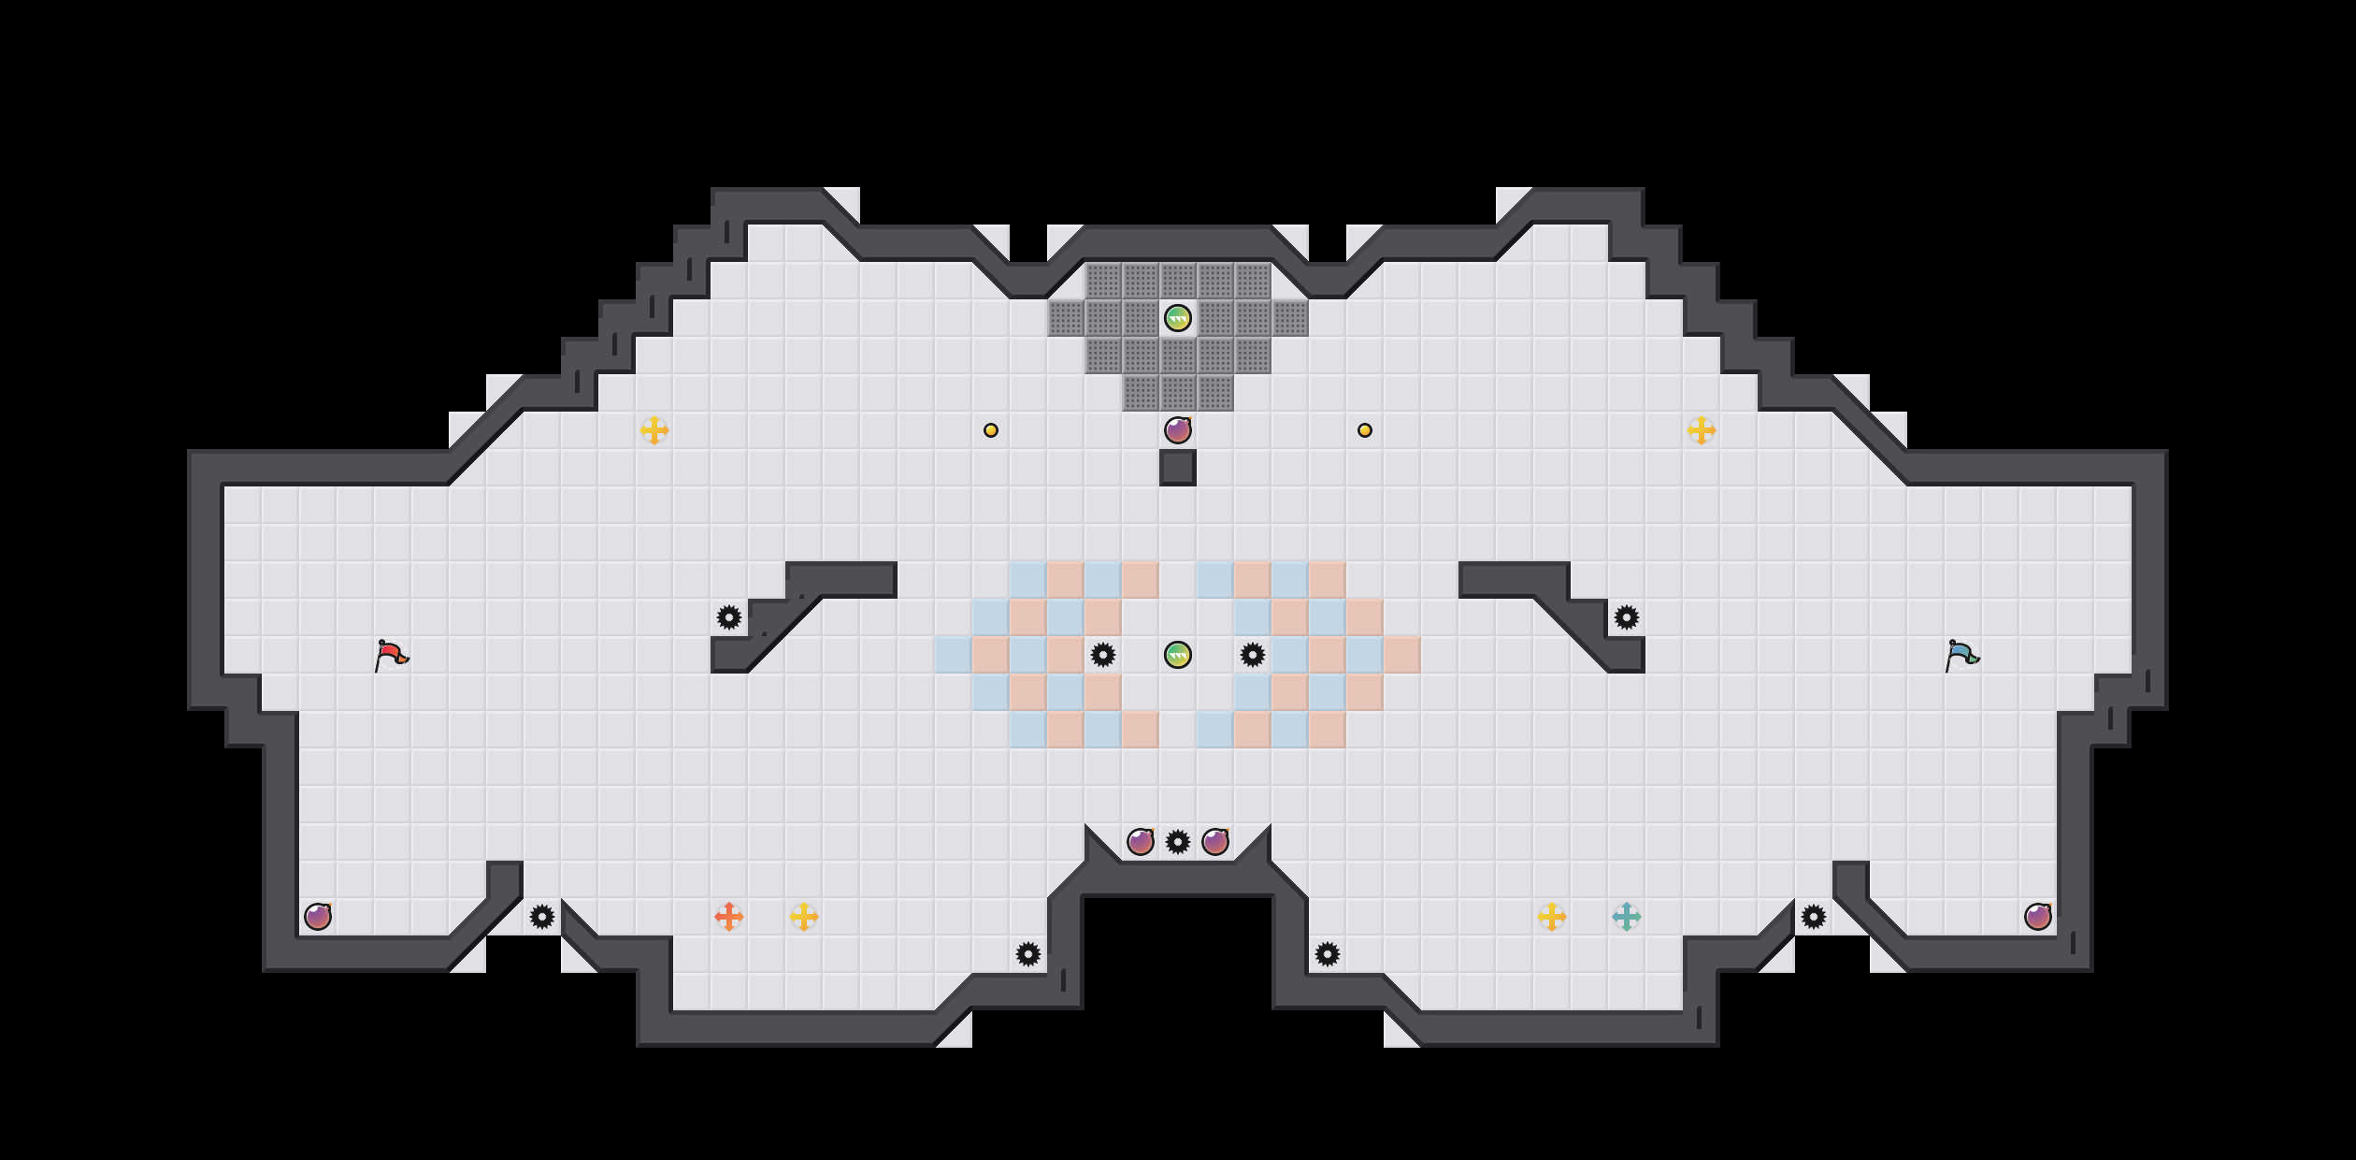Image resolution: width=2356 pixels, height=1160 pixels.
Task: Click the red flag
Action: (391, 655)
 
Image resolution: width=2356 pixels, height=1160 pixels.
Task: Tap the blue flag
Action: (1961, 655)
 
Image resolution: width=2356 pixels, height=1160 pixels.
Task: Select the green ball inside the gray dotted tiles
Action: (1178, 318)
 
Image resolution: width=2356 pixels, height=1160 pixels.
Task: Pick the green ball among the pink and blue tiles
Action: (1178, 655)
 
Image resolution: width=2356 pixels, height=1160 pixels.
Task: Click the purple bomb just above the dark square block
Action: (1178, 430)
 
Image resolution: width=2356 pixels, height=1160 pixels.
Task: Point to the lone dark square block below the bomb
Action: (1178, 468)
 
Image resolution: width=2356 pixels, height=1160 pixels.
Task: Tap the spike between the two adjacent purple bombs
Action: (1178, 842)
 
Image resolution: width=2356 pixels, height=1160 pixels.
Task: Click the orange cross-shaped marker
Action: (729, 917)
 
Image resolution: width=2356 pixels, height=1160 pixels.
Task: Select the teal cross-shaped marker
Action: (1627, 917)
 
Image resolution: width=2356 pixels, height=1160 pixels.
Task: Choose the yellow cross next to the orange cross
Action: (804, 917)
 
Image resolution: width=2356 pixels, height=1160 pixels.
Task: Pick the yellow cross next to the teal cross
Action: (1552, 917)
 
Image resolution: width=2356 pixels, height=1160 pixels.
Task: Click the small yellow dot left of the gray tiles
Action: (991, 430)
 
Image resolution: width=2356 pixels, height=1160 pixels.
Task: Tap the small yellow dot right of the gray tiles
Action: (1365, 430)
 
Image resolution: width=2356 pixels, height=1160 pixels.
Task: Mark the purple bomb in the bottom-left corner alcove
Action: (318, 917)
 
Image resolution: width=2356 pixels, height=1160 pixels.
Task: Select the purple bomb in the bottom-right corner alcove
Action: (2038, 917)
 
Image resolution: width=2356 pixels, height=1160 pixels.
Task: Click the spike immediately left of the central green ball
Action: (1103, 655)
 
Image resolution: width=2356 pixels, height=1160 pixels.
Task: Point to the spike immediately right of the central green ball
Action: (1253, 655)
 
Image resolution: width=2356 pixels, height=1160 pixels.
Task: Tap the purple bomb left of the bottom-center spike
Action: (1141, 842)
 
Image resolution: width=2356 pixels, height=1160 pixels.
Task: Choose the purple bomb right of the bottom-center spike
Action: (1215, 842)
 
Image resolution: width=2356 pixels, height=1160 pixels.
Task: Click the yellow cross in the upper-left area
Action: (654, 430)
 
